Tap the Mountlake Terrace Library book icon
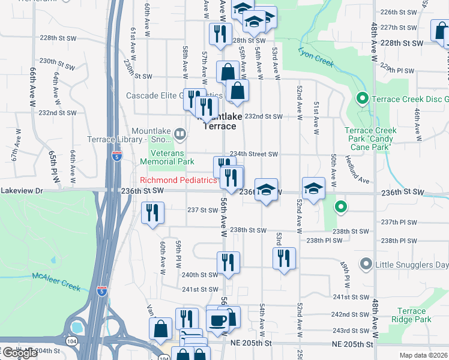pyautogui.click(x=179, y=133)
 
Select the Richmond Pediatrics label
pyautogui.click(x=178, y=180)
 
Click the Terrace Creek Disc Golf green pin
pyautogui.click(x=362, y=99)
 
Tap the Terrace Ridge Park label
pyautogui.click(x=414, y=315)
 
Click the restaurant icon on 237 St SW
pyautogui.click(x=152, y=213)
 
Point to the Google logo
pyautogui.click(x=20, y=352)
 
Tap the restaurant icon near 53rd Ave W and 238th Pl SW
pyautogui.click(x=284, y=259)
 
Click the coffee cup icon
pyautogui.click(x=217, y=319)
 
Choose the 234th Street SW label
pyautogui.click(x=255, y=154)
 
